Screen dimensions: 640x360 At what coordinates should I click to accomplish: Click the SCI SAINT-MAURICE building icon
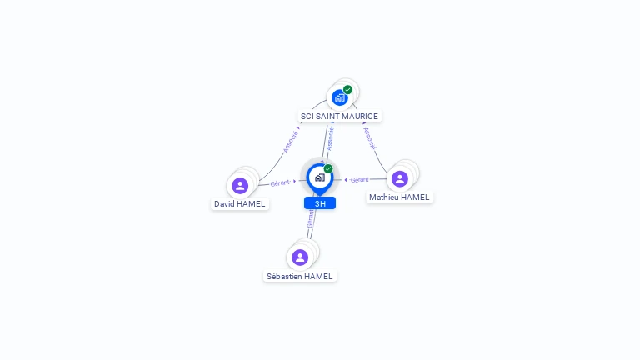point(340,98)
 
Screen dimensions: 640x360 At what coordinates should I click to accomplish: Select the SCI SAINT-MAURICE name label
point(340,117)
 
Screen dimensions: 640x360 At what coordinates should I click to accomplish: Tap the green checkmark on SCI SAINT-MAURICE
point(347,89)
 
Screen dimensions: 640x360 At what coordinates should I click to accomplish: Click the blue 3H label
point(320,203)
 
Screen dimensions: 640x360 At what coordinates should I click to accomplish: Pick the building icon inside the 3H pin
point(320,177)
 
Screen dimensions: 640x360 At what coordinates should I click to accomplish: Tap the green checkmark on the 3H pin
point(328,168)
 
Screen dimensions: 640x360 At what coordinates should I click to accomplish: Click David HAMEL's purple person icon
point(240,186)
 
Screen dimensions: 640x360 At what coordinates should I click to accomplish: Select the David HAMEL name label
point(240,204)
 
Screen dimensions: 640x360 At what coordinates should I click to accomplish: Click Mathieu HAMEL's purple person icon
point(400,179)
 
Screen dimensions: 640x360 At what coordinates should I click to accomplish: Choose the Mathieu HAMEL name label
point(400,197)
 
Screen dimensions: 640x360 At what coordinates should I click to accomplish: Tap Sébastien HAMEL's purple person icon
point(300,257)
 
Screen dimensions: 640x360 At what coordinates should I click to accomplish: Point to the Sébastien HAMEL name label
point(300,277)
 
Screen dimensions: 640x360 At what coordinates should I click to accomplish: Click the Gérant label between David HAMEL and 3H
point(280,183)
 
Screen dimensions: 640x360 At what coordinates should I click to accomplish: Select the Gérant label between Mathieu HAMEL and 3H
point(360,180)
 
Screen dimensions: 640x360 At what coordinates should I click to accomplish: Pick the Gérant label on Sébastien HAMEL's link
point(311,219)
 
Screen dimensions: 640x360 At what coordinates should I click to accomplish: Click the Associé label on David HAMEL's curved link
point(291,142)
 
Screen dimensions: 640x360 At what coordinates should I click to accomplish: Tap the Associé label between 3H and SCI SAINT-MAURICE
point(330,139)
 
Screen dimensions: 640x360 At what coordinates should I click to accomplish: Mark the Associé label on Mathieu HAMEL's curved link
point(370,139)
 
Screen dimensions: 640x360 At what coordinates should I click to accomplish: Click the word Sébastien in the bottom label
point(284,277)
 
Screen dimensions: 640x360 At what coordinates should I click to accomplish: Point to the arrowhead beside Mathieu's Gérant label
point(346,180)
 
